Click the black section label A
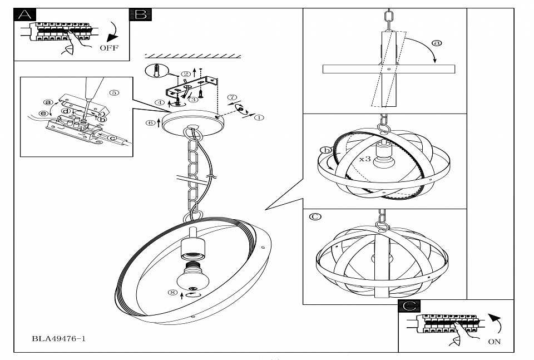[24, 14]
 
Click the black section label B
[140, 14]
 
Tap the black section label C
[409, 305]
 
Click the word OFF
[109, 48]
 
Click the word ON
[494, 341]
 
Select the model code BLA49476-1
[58, 338]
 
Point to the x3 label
[365, 159]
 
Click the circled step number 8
[173, 293]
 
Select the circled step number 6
[150, 123]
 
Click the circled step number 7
[233, 97]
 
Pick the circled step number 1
[259, 118]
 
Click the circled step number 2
[185, 74]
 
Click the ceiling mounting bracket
[192, 88]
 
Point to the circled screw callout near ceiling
[156, 71]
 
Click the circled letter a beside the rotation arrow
[437, 43]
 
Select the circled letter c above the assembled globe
[315, 217]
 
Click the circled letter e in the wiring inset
[43, 114]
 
